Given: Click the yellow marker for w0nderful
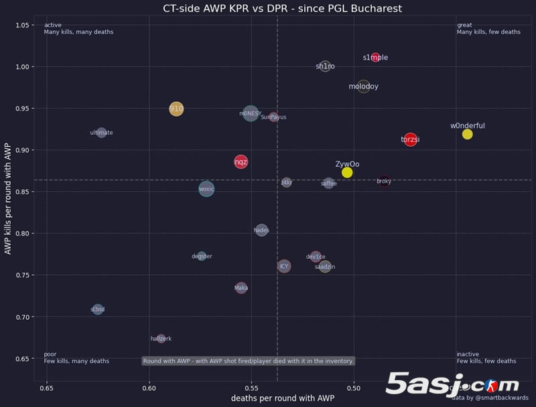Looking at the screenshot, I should [x=467, y=134].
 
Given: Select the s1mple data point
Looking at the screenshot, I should [x=375, y=58].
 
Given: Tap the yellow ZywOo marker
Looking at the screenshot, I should [x=347, y=172].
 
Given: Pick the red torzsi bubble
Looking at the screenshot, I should [x=410, y=139].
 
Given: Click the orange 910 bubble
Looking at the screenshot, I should [x=176, y=109].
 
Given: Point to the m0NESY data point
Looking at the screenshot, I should [x=251, y=114].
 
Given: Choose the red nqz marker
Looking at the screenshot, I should [x=241, y=162].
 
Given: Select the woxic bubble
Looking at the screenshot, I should [x=206, y=189].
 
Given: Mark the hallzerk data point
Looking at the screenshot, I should [x=161, y=339].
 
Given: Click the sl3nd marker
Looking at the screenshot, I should [x=98, y=309].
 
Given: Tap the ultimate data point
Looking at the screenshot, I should [x=101, y=133].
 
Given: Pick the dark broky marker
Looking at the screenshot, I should [x=384, y=181].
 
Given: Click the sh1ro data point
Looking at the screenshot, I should [x=325, y=66].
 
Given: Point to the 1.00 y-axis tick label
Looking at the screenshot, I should [x=24, y=67].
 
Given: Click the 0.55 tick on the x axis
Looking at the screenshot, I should [x=251, y=388].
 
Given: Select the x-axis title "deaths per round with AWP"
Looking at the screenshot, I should [x=282, y=398].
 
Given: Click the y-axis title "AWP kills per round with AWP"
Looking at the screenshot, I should [x=8, y=198].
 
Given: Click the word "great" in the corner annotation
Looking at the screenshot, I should [x=464, y=25].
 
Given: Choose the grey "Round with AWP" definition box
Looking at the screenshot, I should [x=248, y=361].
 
